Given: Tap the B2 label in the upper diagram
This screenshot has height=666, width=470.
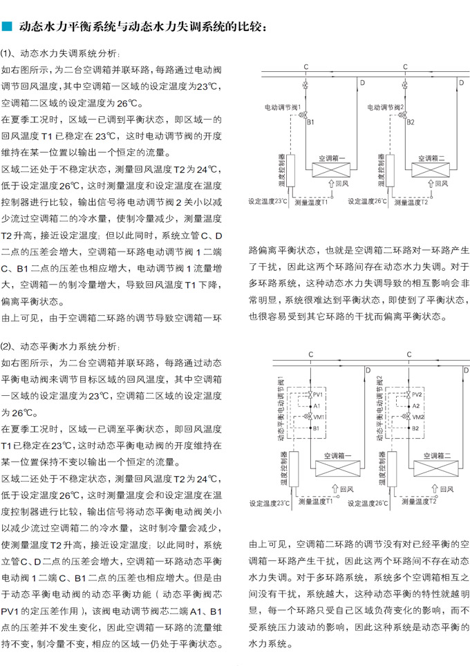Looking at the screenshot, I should point(411,122).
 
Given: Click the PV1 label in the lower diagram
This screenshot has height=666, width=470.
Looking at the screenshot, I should point(319,394).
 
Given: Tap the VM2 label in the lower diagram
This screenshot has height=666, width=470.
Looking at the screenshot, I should point(418,417).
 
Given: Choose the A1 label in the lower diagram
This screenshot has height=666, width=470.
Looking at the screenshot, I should point(317,406).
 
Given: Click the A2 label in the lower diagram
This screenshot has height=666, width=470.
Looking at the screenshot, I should point(415,406).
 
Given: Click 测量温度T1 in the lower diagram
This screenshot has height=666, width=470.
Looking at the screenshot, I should point(314,502).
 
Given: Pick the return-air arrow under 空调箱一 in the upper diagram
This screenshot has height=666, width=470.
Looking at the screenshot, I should point(330,183).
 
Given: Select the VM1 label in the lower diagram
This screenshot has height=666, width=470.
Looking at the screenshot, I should point(319,417).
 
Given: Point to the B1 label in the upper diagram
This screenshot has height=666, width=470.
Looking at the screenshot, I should point(311,122).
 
